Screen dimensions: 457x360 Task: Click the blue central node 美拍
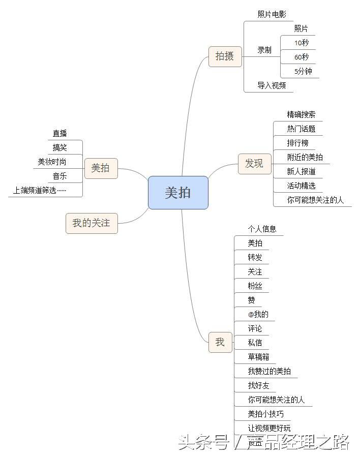tap(178, 193)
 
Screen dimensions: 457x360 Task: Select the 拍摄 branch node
tap(225, 56)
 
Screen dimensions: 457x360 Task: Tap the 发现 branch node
tap(254, 164)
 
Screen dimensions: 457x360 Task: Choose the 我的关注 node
tap(92, 223)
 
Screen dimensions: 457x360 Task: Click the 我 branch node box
tap(220, 342)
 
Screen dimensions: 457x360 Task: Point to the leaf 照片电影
tap(272, 15)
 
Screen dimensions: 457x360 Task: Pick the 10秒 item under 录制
tap(302, 43)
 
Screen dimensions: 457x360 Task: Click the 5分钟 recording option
tap(304, 71)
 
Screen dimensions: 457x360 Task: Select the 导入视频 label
tap(272, 85)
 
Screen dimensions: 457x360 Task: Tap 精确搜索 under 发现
tap(301, 114)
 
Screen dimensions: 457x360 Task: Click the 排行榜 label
tap(297, 143)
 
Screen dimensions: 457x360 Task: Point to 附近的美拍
tap(305, 157)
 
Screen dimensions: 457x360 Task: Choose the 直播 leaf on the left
tap(59, 134)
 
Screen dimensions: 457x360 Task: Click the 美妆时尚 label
tap(52, 162)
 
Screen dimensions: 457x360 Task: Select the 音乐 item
tap(59, 176)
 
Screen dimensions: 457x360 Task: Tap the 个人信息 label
tap(262, 229)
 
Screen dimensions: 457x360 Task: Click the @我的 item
tap(258, 314)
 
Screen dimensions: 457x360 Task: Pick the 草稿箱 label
tap(258, 357)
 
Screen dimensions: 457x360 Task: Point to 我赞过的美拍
tap(269, 371)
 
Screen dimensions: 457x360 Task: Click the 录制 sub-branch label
tap(264, 50)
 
